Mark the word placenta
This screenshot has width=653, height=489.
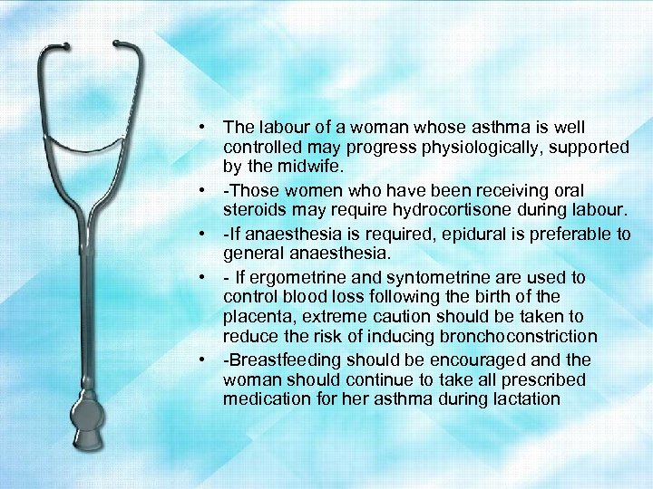coord(255,317)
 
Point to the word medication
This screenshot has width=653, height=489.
coord(264,398)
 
